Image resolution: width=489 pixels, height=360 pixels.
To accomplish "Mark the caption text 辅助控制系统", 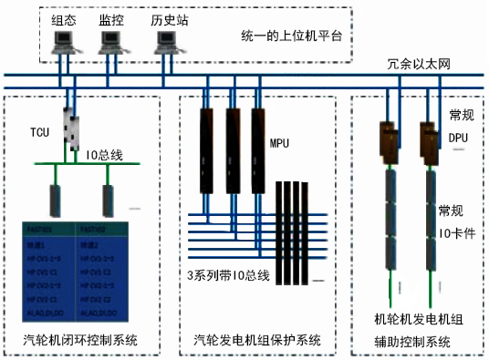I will [x=413, y=341].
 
